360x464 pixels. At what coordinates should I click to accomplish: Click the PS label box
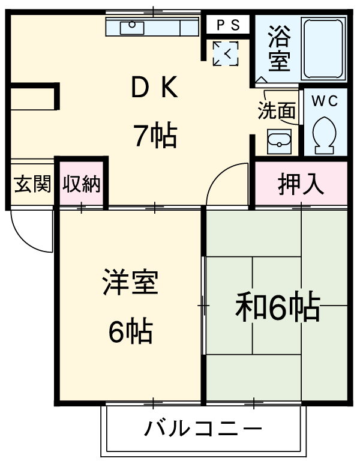[x=228, y=25]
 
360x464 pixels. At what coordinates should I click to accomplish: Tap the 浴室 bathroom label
[x=279, y=48]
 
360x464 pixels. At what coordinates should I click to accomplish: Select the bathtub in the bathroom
[x=324, y=49]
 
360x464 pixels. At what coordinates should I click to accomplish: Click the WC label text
[x=324, y=101]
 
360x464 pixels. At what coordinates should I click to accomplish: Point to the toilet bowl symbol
[x=325, y=135]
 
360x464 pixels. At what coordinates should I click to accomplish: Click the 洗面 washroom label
[x=277, y=110]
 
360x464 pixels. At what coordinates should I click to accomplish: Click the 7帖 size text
[x=155, y=136]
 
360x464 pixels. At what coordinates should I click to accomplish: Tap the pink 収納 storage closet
[x=82, y=184]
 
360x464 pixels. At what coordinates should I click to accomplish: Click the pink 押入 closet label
[x=301, y=184]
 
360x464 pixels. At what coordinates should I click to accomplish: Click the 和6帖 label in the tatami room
[x=277, y=307]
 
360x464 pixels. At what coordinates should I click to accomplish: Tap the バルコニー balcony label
[x=203, y=429]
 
